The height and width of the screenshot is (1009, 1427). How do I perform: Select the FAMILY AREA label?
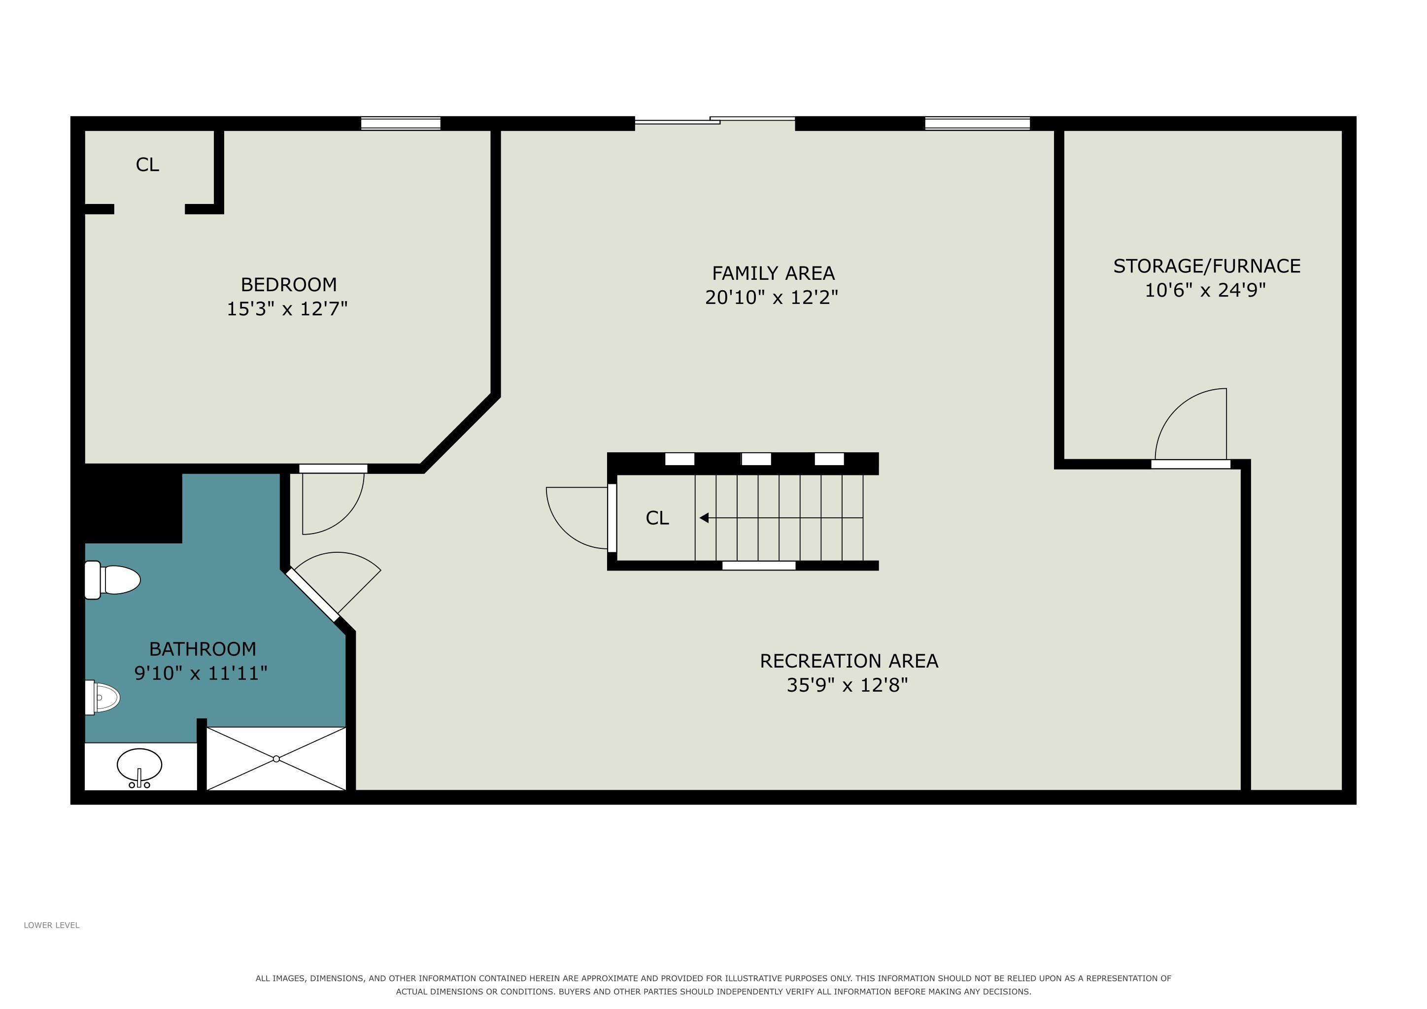tap(773, 273)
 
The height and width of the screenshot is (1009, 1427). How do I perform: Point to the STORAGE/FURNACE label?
tap(1206, 266)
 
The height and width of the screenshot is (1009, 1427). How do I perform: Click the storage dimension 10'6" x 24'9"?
tap(1205, 290)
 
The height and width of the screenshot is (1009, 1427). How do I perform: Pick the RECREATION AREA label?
tap(849, 661)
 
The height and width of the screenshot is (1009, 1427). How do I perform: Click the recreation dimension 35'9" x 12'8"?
tap(847, 685)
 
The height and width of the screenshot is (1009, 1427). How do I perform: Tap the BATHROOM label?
tap(203, 649)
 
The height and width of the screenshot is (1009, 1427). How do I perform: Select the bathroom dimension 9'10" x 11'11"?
tap(201, 673)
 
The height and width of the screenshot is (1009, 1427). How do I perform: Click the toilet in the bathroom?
tap(112, 580)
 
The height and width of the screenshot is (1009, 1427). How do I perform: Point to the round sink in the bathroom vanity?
tap(139, 765)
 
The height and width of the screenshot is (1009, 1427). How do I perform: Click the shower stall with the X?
tap(276, 759)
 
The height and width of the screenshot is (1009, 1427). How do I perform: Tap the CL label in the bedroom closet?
tap(147, 165)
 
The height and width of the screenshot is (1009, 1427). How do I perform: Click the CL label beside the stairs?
tap(657, 518)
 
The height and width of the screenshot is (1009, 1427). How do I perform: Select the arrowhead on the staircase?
tap(704, 517)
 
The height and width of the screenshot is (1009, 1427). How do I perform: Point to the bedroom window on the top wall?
tap(401, 123)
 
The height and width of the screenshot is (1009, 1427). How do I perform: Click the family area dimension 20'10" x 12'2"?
tap(771, 298)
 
